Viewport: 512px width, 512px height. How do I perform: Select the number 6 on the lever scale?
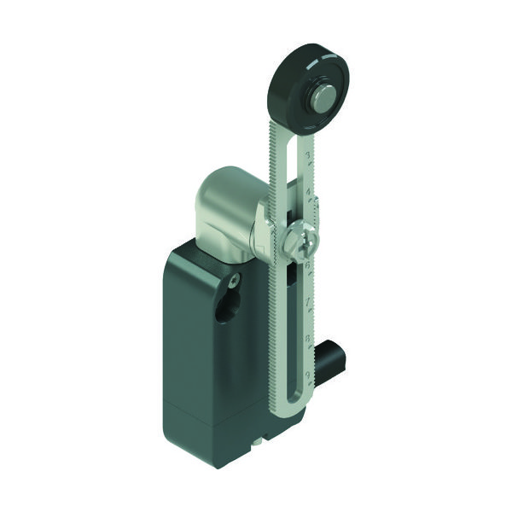[x=306, y=265]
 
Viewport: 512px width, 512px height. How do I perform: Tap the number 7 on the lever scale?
[x=306, y=302]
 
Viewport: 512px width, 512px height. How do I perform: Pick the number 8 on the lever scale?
[x=306, y=339]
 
